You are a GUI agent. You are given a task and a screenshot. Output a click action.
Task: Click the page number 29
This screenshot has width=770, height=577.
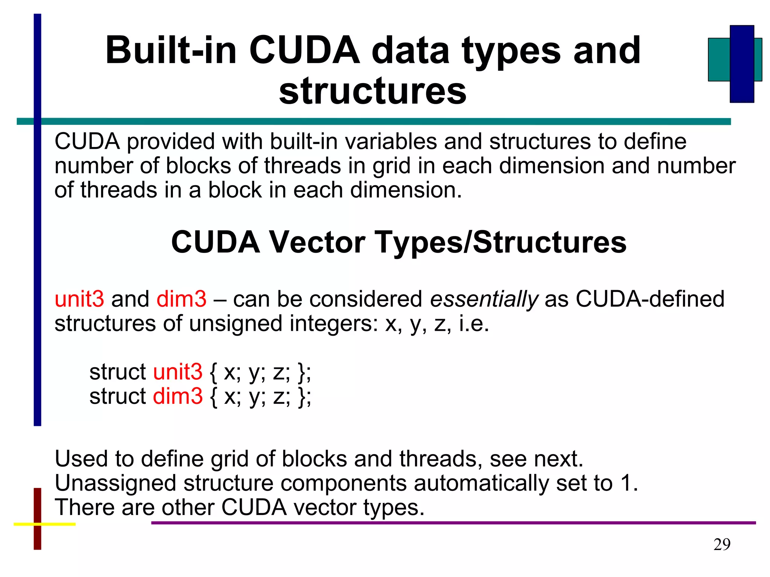[722, 544]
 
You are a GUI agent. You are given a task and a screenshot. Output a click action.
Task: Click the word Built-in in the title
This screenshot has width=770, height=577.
[171, 51]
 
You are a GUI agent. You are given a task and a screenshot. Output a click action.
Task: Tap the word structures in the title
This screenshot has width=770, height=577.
[373, 91]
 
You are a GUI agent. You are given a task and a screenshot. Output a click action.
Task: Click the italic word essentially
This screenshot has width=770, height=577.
[484, 299]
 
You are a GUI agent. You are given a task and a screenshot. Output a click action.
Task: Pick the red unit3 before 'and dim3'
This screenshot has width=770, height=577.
[79, 299]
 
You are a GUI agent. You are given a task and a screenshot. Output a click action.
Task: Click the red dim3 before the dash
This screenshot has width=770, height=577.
[181, 299]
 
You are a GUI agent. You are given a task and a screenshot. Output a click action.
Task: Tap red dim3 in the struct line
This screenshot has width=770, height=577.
[178, 396]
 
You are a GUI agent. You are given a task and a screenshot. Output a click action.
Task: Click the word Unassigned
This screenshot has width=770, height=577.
[115, 483]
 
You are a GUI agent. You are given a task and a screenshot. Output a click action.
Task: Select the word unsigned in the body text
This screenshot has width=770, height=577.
[235, 324]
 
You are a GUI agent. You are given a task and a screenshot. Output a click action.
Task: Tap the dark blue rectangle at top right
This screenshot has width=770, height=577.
[741, 64]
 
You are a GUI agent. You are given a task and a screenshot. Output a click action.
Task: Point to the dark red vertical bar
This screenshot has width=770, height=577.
[37, 541]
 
